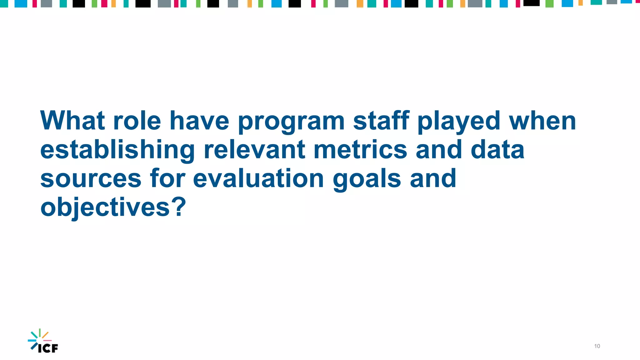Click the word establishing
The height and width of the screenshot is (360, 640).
click(117, 150)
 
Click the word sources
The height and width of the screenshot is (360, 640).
click(91, 179)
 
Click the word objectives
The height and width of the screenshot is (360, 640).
click(105, 207)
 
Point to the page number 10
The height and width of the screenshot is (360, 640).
click(597, 346)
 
